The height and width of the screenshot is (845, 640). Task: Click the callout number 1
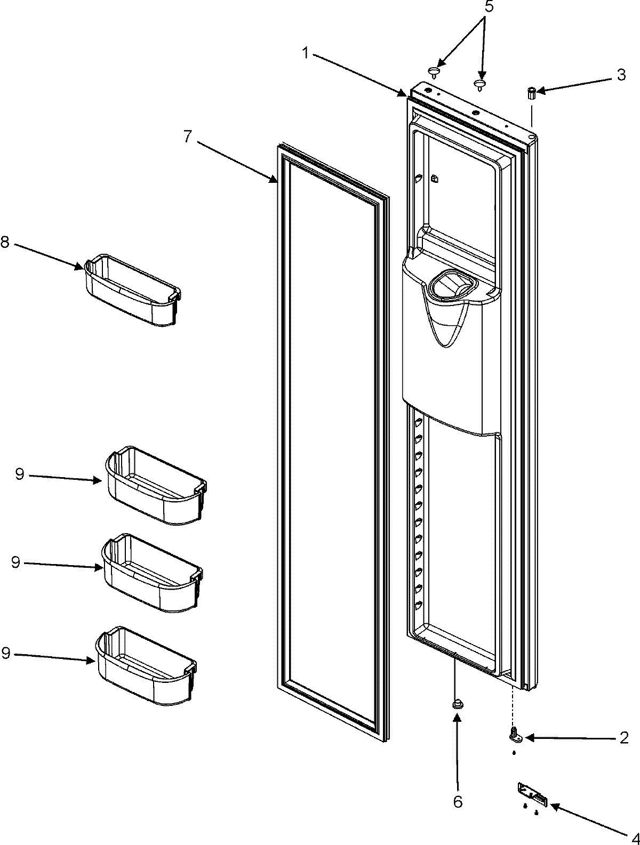[306, 52]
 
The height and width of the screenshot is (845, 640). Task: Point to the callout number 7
[187, 136]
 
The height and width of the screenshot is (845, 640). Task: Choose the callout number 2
[623, 738]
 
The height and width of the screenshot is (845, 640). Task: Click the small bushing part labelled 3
[532, 93]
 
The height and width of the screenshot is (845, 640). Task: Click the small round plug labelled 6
[457, 705]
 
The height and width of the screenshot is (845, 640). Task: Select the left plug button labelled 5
[436, 71]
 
